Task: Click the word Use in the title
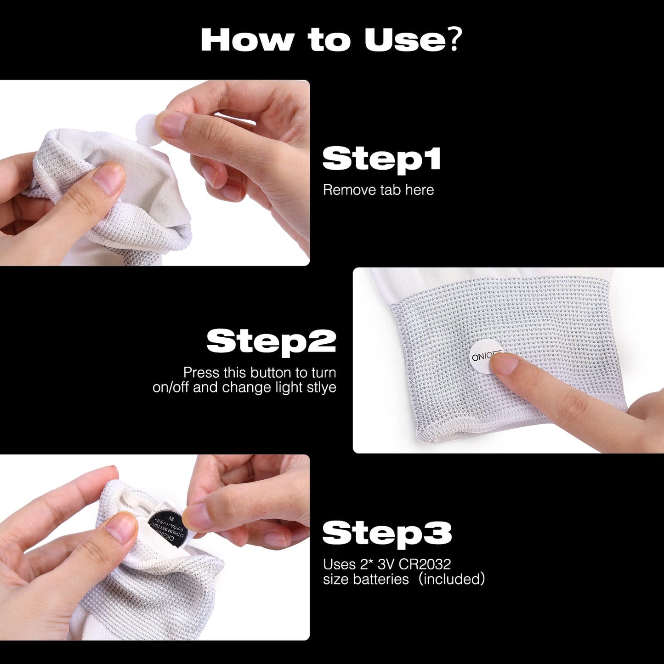click(404, 40)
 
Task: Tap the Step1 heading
click(381, 159)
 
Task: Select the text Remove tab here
click(378, 190)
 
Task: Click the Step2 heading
click(271, 341)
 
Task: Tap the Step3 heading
click(387, 533)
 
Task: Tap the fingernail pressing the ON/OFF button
click(504, 363)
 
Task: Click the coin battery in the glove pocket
click(167, 528)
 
